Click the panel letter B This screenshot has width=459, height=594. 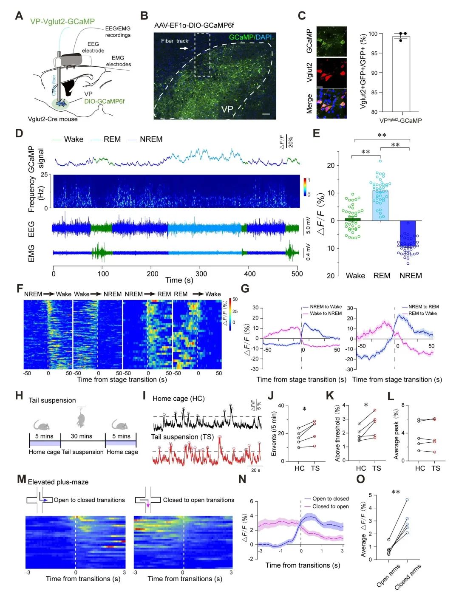click(144, 16)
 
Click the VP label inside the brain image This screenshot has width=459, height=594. click(227, 109)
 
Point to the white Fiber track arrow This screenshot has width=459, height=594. click(184, 49)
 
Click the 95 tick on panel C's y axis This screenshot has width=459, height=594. click(374, 53)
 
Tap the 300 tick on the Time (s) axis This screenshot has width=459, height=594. click(201, 274)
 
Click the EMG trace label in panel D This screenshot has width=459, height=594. click(31, 253)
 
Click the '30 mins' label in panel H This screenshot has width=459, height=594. click(81, 436)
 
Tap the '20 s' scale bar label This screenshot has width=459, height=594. click(255, 470)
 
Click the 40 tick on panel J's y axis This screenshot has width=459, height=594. click(281, 406)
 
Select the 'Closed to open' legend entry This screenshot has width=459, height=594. click(330, 506)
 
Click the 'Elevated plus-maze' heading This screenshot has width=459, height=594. click(58, 482)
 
